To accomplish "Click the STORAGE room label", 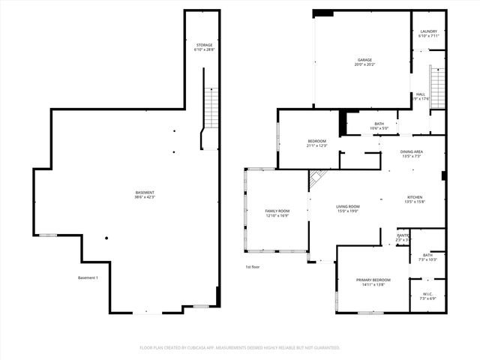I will point(204,47).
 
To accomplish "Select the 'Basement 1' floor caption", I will point(88,278).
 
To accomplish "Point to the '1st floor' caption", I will point(252,267).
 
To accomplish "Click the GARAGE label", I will point(364,62).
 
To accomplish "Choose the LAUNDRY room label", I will point(428,34).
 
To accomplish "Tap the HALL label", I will point(421,96).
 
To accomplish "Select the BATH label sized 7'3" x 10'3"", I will point(427,257).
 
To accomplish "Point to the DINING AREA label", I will point(412,154).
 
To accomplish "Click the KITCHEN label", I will point(415,199).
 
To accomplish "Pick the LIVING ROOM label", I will point(347,208).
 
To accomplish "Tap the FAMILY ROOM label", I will point(277,213).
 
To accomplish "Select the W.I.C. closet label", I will point(427,295).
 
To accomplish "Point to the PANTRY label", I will point(403,238).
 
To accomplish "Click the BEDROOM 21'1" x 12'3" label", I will point(316,143).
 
